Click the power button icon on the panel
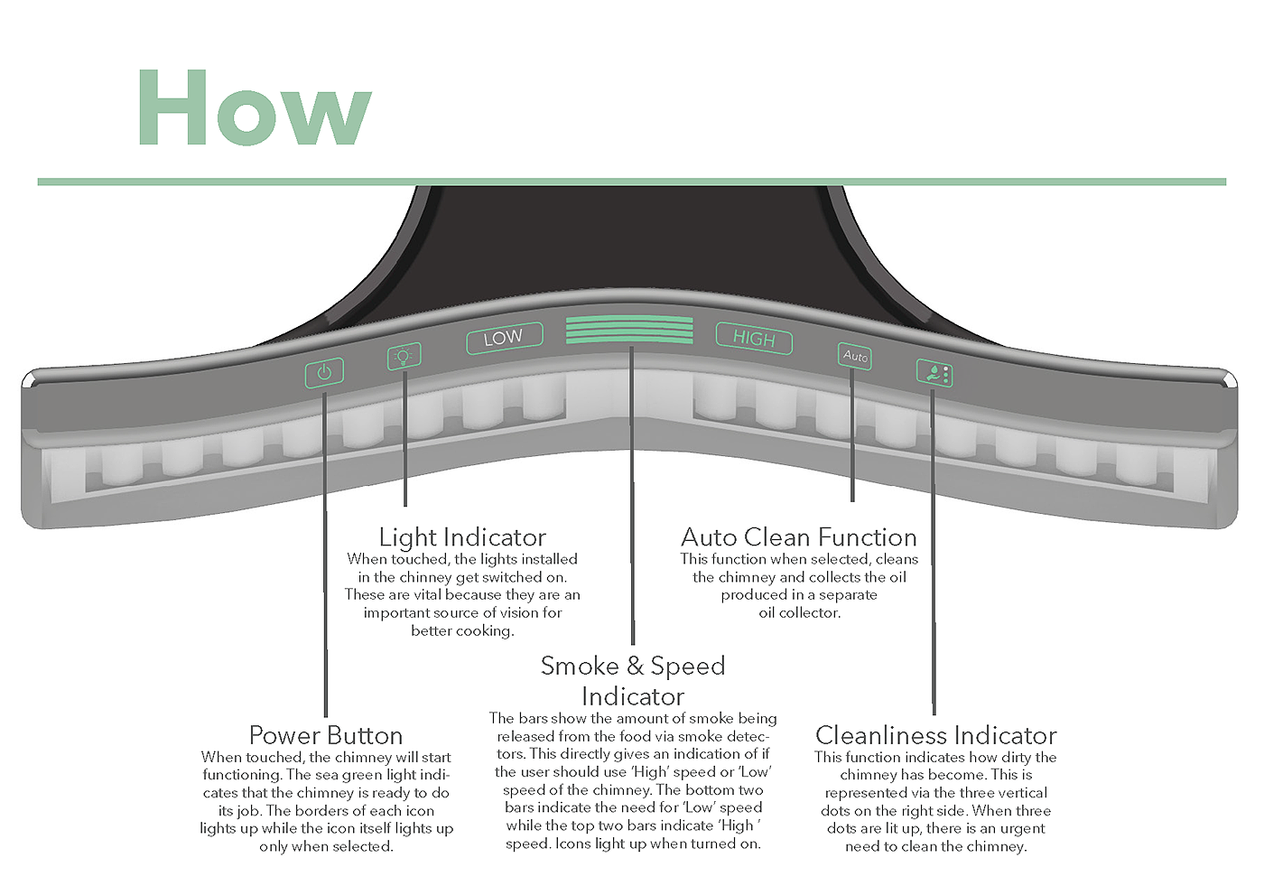click(324, 371)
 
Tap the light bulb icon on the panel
click(404, 356)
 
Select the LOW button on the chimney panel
click(504, 338)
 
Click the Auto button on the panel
click(854, 356)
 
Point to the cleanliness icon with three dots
click(934, 372)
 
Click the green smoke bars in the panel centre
click(630, 330)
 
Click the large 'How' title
click(254, 107)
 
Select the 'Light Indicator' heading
click(462, 537)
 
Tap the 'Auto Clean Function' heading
click(799, 537)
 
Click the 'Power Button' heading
click(326, 735)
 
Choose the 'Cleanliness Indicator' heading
click(935, 735)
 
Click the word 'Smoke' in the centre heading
click(580, 667)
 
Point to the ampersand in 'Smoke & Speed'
click(636, 667)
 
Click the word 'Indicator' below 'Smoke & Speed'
click(633, 697)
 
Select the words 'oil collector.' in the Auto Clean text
click(799, 612)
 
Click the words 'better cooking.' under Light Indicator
click(462, 630)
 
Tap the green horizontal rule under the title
click(632, 182)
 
